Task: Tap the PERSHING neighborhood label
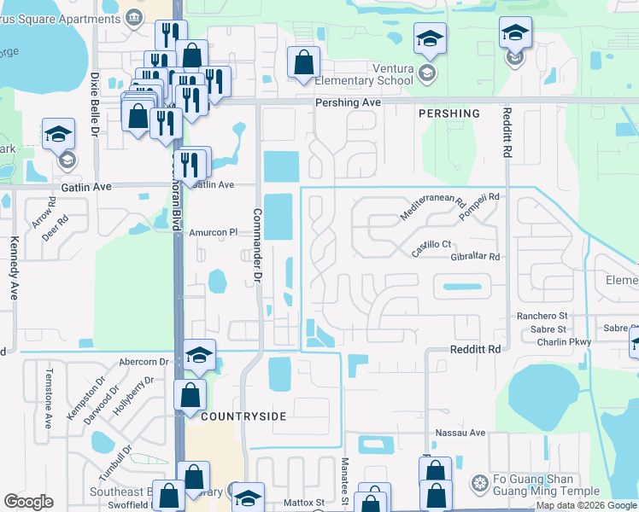pos(448,113)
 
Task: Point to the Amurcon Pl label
pos(212,232)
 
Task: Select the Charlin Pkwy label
pos(564,343)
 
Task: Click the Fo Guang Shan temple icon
pos(479,484)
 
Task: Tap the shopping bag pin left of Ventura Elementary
pos(303,62)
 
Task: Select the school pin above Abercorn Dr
pos(199,355)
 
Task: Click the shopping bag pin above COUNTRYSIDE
pos(190,394)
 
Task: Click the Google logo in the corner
pos(28,502)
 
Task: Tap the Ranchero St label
pos(542,316)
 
